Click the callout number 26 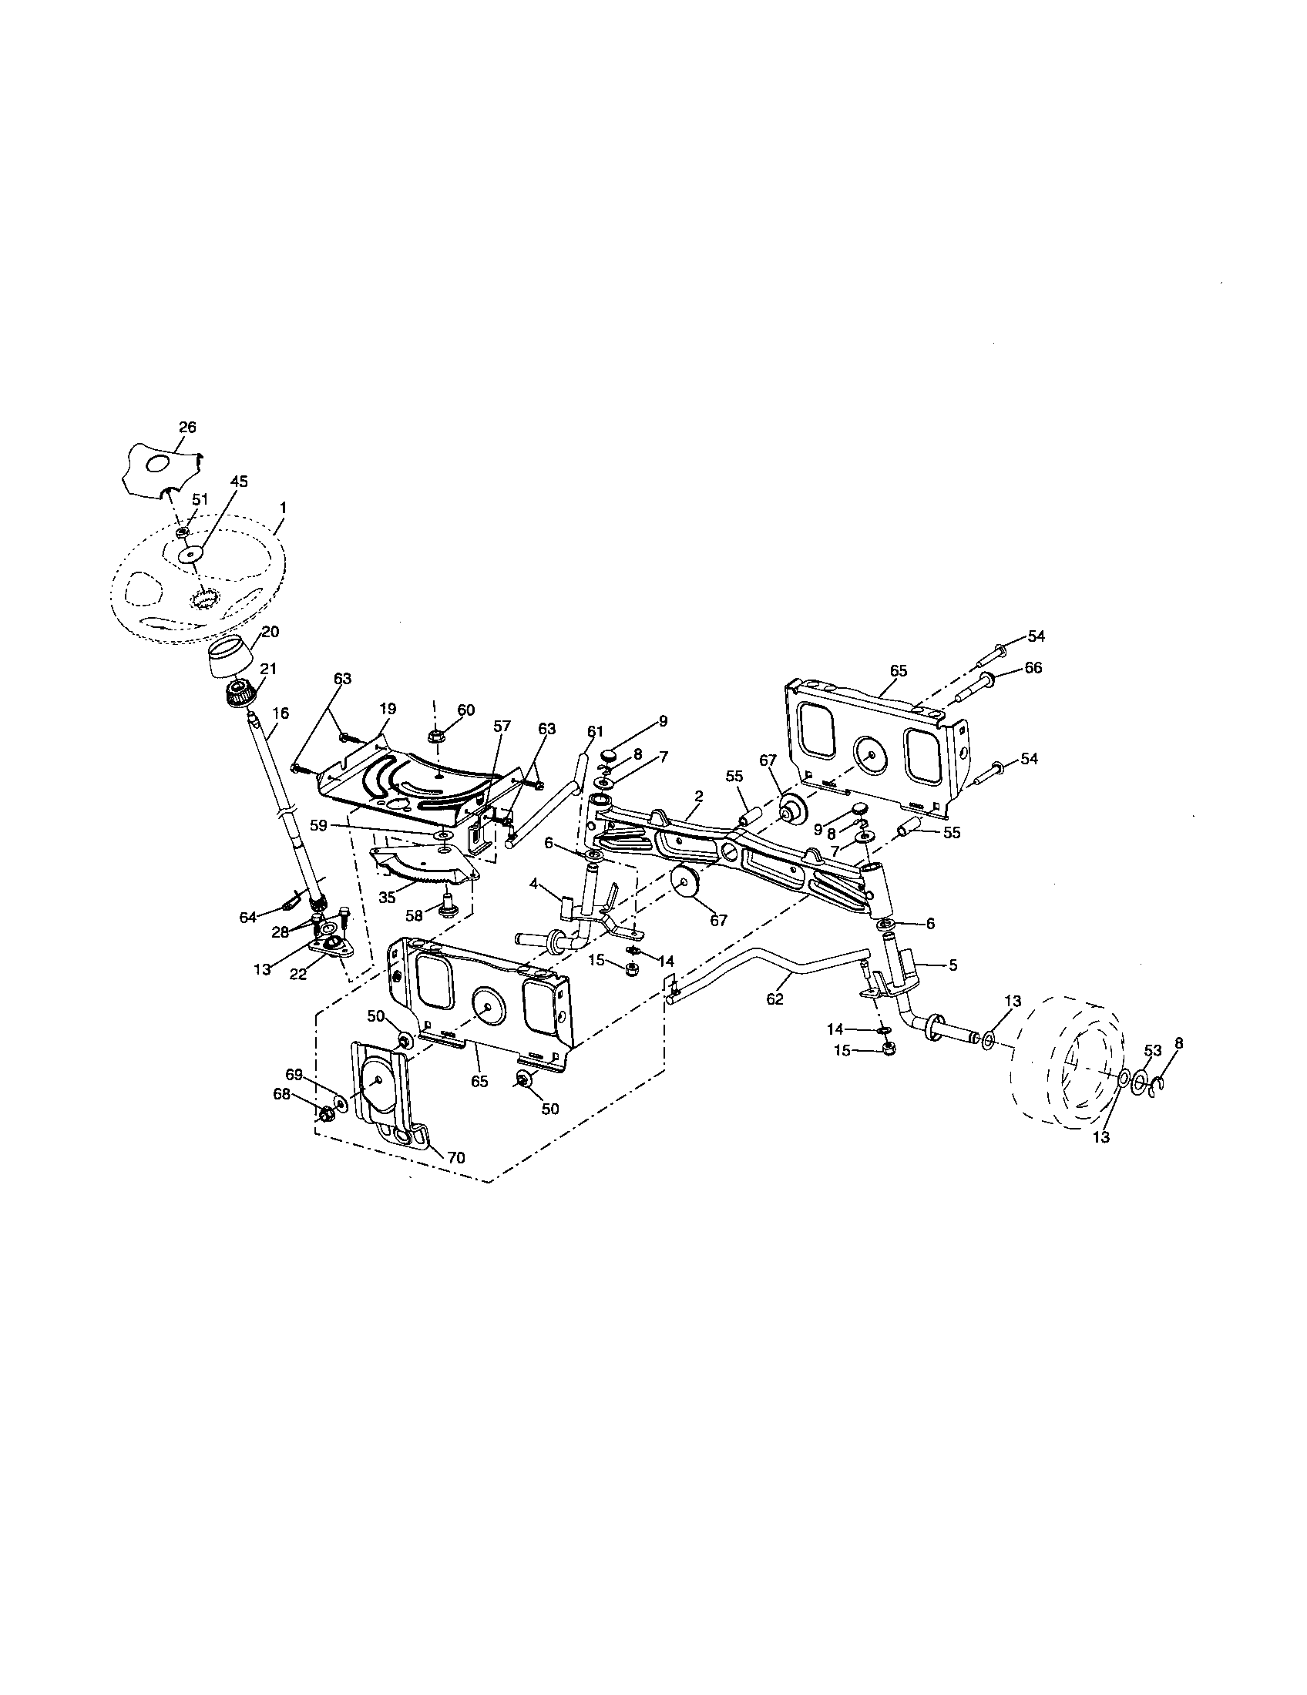(x=187, y=427)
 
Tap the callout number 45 (x=239, y=482)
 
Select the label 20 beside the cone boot (x=269, y=632)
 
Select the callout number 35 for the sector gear (x=387, y=896)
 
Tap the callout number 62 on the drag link (x=774, y=999)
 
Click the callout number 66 (x=1033, y=668)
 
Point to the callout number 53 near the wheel (x=1153, y=1051)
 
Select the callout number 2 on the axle (x=698, y=797)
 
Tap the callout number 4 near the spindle (x=534, y=883)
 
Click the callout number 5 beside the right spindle (x=953, y=965)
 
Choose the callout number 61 (x=595, y=731)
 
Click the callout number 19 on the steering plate (x=388, y=709)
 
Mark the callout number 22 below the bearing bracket (x=297, y=975)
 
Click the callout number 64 (x=247, y=918)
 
